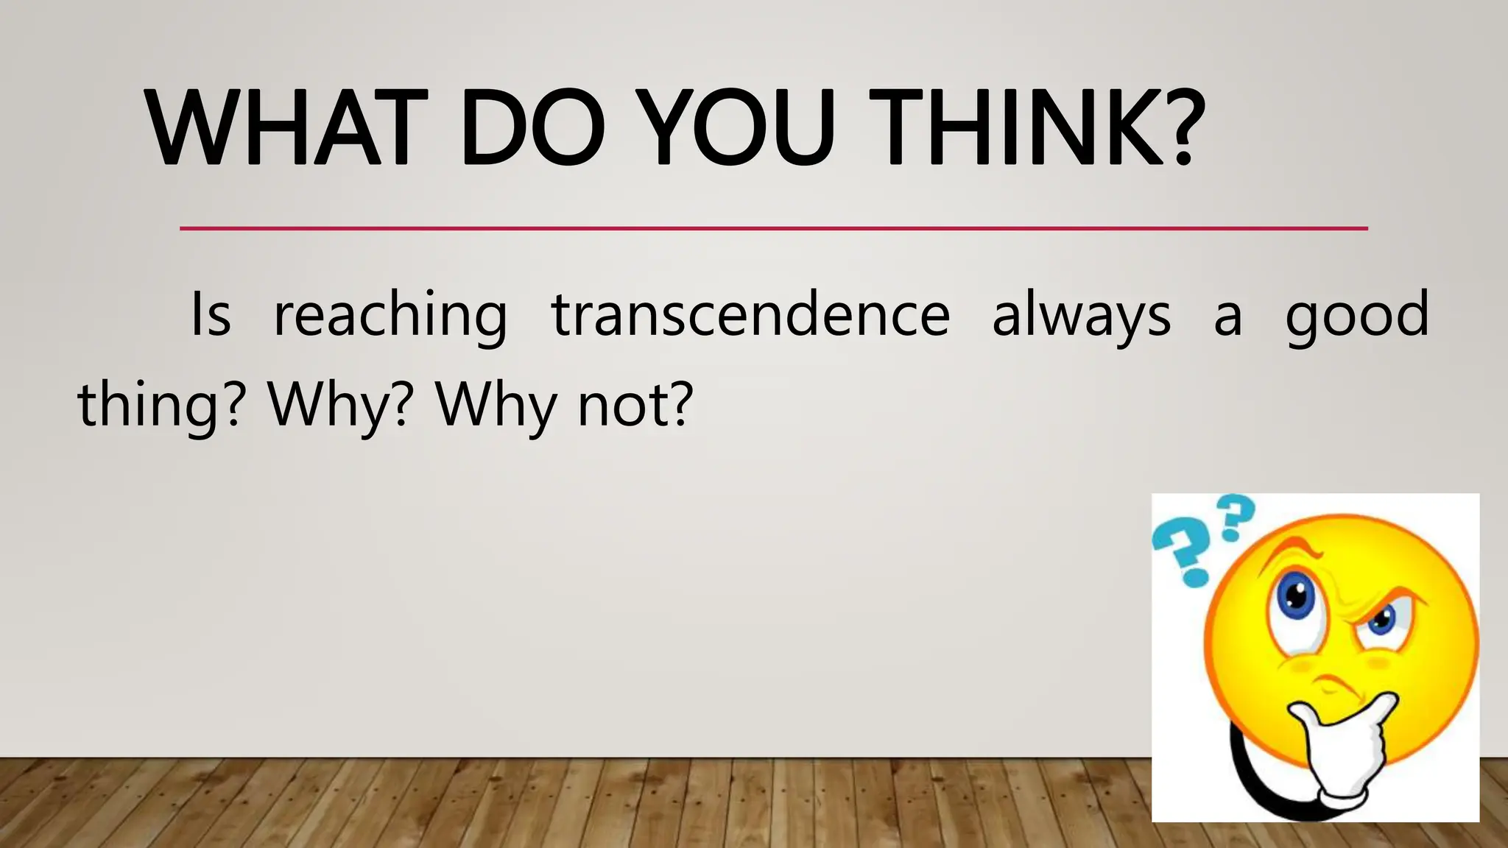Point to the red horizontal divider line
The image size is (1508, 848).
773,228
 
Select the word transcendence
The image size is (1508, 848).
751,314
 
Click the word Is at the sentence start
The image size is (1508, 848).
211,314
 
